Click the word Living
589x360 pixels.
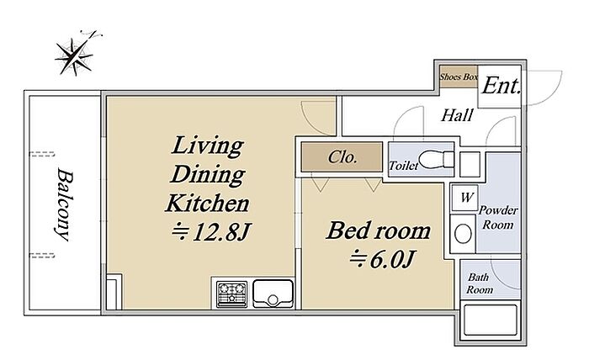tap(208, 146)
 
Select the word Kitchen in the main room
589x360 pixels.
tap(207, 203)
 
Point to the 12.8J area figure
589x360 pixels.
tap(210, 232)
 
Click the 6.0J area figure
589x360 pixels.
tap(382, 259)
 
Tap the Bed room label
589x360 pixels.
tap(379, 230)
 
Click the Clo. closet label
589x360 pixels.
tap(342, 157)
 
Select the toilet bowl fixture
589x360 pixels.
tap(436, 159)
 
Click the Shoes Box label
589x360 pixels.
tap(459, 77)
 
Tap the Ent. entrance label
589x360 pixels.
tap(501, 86)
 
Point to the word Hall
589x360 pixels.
tap(457, 115)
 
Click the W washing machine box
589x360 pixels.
tap(464, 198)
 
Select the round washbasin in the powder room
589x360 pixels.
tap(463, 234)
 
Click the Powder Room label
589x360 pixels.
tap(498, 217)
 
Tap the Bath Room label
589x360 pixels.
tap(480, 283)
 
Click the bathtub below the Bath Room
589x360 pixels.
tap(491, 320)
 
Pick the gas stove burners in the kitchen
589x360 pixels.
tap(231, 293)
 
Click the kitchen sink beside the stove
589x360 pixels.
tap(273, 294)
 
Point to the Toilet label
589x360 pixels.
tap(403, 166)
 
